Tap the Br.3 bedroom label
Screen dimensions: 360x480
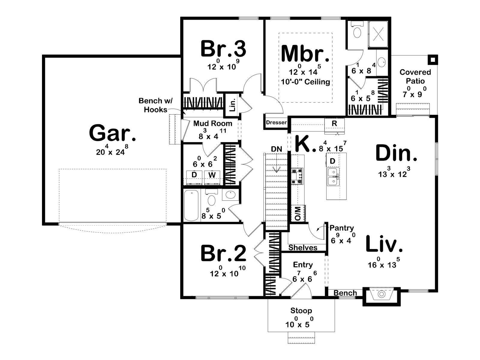223,49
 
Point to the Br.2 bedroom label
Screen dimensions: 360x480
223,253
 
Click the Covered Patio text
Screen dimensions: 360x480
415,76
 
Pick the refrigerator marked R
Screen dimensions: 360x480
334,123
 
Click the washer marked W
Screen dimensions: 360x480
212,175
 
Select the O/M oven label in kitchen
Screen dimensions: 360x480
298,214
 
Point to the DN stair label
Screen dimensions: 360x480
276,149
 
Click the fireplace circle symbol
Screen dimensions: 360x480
381,294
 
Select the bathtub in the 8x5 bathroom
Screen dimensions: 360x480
191,205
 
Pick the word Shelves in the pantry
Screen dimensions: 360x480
303,247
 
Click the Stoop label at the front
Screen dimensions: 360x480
301,311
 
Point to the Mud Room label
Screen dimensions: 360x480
213,123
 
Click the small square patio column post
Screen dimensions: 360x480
432,59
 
